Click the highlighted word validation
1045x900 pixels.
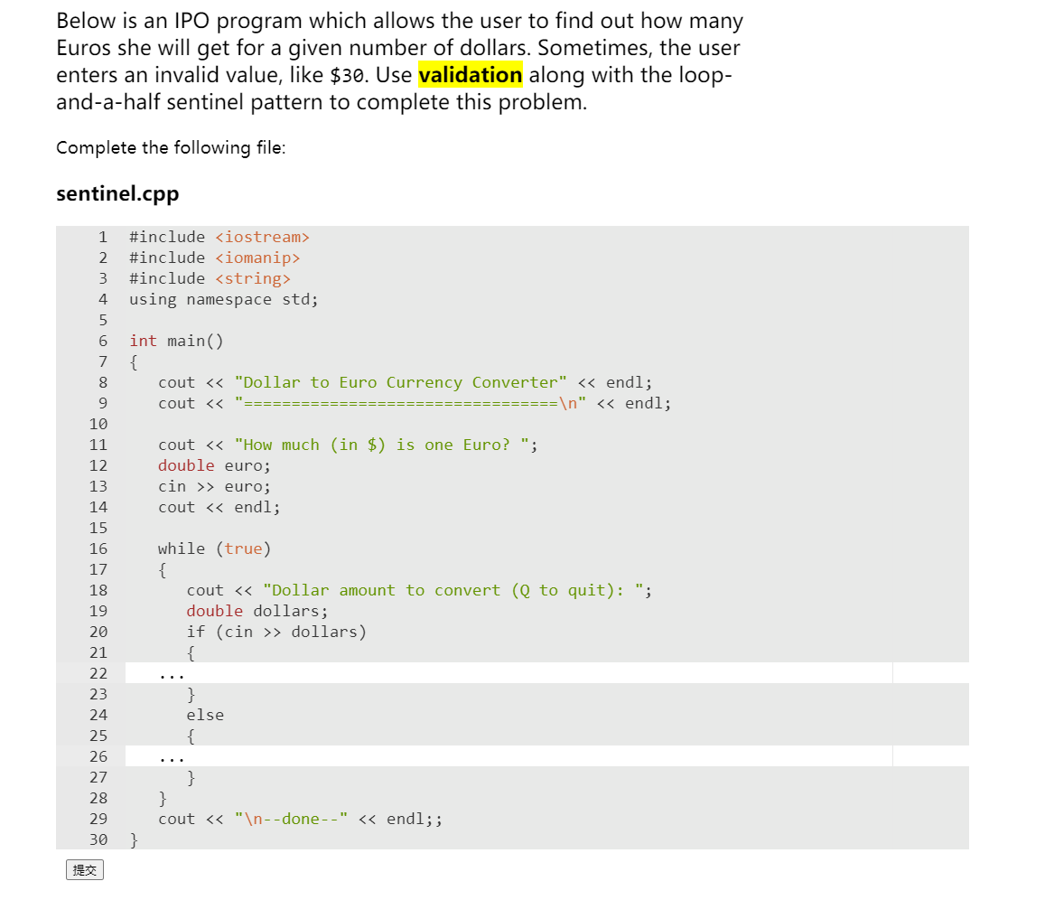[471, 75]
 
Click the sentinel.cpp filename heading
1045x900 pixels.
[117, 193]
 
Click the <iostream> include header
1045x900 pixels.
[262, 237]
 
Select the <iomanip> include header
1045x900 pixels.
[257, 258]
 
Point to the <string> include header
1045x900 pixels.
[253, 278]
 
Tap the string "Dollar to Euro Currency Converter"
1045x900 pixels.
[400, 382]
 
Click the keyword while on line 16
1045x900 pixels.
[181, 548]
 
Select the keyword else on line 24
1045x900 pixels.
[205, 715]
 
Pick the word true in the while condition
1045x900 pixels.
[243, 548]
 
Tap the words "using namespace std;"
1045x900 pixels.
[223, 299]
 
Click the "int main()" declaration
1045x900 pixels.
[176, 341]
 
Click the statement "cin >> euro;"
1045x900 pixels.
[214, 486]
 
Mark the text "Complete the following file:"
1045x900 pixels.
[171, 147]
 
